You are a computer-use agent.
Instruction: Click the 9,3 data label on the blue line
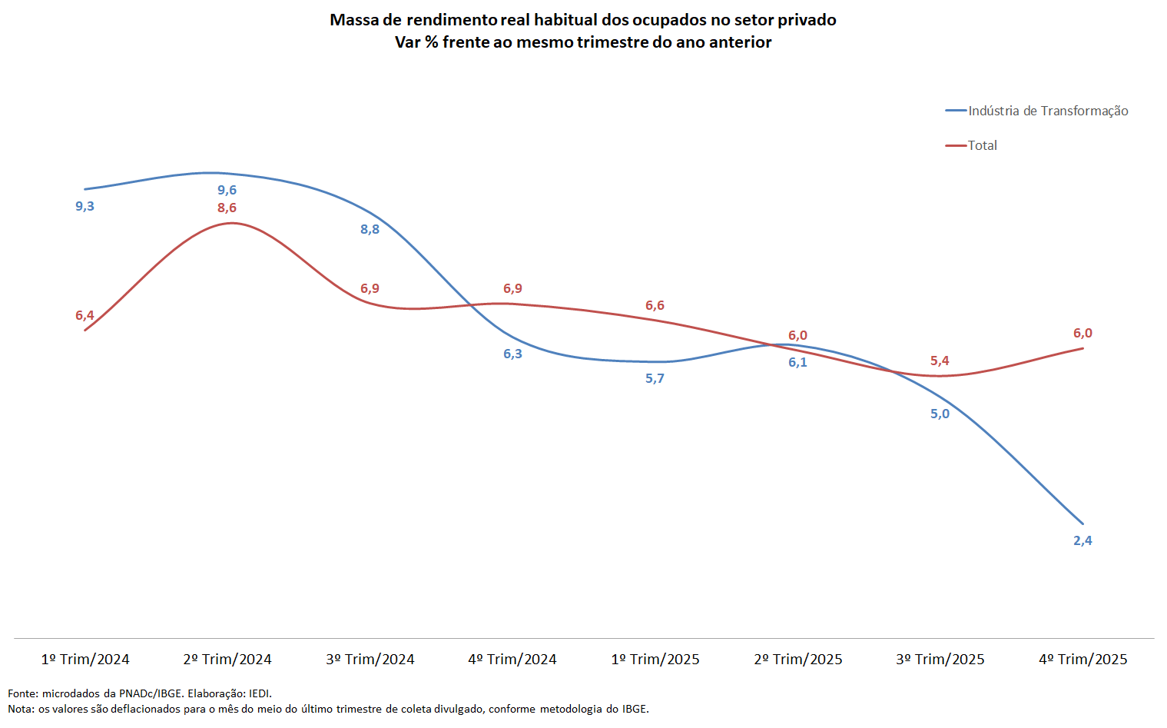(85, 206)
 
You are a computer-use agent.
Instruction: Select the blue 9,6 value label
(227, 190)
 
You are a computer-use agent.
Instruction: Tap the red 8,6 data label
(227, 208)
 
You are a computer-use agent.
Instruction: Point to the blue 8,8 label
(370, 229)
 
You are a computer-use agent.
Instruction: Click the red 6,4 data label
(85, 315)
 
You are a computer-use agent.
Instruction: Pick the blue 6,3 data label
(512, 354)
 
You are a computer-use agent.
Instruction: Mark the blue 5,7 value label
(655, 378)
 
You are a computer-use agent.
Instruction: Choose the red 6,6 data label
(655, 305)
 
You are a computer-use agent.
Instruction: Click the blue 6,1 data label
(797, 362)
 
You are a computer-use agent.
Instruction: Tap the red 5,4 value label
(940, 361)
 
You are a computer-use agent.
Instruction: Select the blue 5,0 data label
(940, 414)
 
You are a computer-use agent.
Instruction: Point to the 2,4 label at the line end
(1082, 540)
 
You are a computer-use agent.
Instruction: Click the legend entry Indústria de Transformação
(1048, 111)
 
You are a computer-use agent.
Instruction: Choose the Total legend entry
(982, 145)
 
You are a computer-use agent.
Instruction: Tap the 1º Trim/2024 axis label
(85, 659)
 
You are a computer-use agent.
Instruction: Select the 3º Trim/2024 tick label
(370, 659)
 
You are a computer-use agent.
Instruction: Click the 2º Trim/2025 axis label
(798, 659)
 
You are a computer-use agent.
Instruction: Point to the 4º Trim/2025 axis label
(1083, 659)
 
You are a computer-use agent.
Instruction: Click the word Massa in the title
(354, 20)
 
